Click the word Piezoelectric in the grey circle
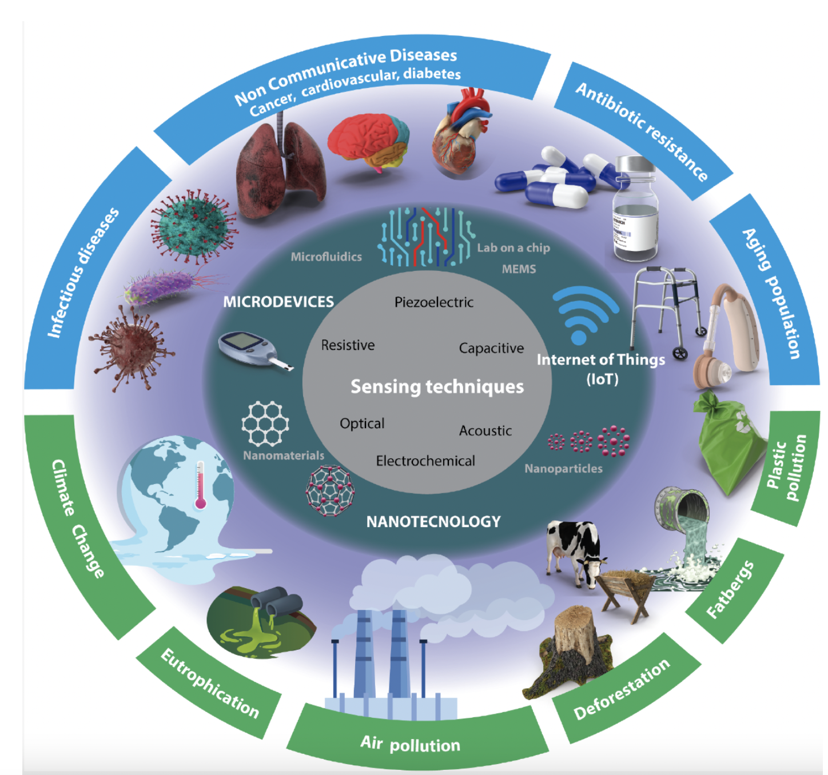click(433, 302)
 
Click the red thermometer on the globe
click(200, 486)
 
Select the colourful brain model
click(369, 141)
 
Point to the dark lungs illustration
click(280, 169)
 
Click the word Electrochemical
click(425, 461)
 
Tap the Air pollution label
click(410, 744)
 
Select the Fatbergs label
click(730, 589)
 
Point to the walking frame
click(666, 309)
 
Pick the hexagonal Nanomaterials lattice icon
click(265, 424)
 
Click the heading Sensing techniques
click(437, 387)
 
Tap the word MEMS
click(519, 269)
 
